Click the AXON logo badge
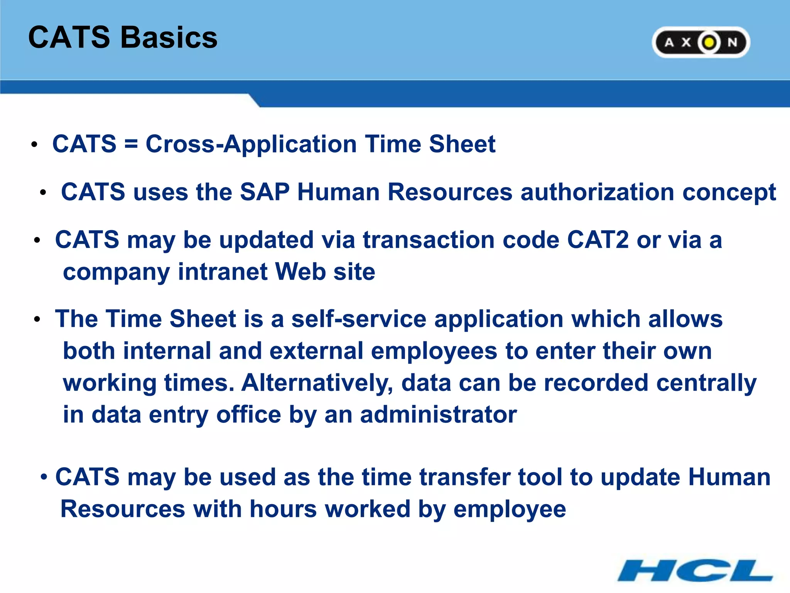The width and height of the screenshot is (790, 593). (x=700, y=42)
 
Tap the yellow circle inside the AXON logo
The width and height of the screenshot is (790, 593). (x=709, y=42)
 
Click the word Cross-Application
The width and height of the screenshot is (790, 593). (x=251, y=144)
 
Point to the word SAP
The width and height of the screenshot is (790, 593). (x=265, y=192)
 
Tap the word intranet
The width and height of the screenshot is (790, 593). (x=223, y=272)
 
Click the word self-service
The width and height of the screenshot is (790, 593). (x=359, y=319)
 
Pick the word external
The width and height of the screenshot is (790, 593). (x=316, y=351)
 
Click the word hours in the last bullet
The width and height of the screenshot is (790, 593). (x=283, y=509)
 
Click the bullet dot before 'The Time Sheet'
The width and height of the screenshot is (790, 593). (x=37, y=320)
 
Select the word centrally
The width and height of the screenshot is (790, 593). (x=706, y=383)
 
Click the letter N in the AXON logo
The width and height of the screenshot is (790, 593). (x=732, y=42)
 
